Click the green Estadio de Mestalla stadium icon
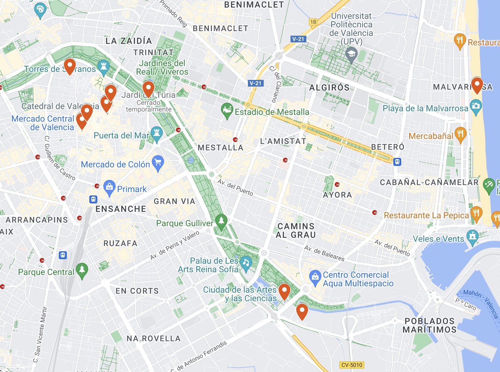click(227, 110)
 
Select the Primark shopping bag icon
click(109, 187)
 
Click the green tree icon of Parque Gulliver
click(221, 221)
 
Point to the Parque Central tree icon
click(82, 270)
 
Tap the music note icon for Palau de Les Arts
click(246, 263)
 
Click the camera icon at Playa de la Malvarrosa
click(476, 106)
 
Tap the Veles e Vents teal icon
click(472, 237)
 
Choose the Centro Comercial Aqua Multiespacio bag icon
click(315, 277)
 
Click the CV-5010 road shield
click(352, 365)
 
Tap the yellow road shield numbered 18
click(313, 22)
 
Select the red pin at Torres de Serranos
click(70, 65)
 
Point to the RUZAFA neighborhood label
click(120, 243)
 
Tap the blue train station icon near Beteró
click(397, 162)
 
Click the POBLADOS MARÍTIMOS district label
click(430, 325)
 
